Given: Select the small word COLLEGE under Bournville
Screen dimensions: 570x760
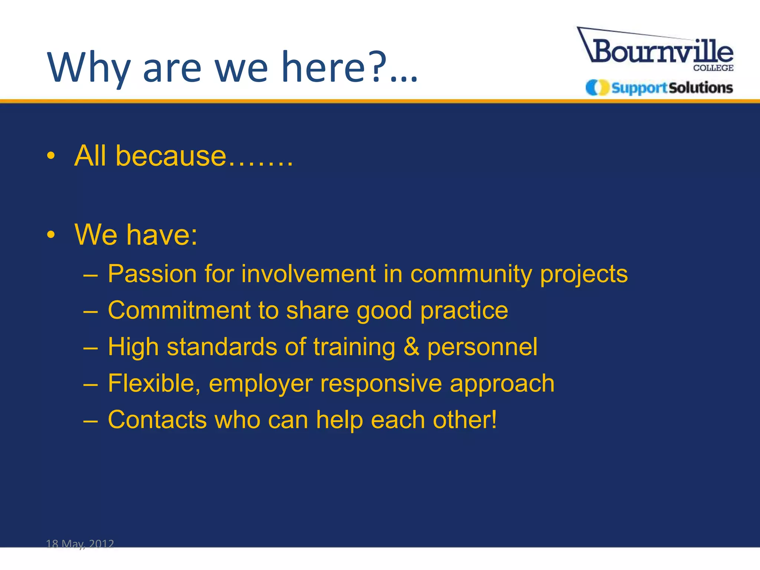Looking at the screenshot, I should point(713,68).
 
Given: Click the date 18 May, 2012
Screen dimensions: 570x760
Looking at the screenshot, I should point(80,544).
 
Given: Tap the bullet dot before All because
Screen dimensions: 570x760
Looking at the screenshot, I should point(51,156).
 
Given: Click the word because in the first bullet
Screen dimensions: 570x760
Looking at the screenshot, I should point(171,156).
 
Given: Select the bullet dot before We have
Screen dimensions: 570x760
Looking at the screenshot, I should point(51,235).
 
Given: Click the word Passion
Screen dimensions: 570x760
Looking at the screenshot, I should point(152,274).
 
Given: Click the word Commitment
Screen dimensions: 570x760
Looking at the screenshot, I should point(179,310).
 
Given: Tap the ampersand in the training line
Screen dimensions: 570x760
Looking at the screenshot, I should point(411,347).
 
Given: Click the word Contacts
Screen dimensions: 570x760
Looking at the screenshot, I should point(157,419).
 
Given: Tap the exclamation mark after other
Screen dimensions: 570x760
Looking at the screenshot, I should point(494,419).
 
